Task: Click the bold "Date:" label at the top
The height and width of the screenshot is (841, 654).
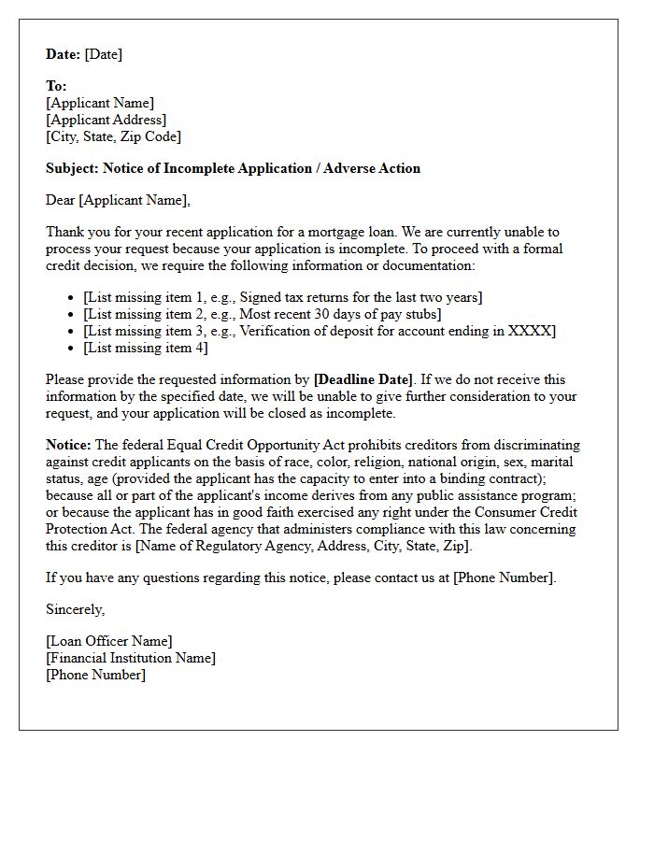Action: [64, 54]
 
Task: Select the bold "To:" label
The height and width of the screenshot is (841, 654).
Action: [56, 86]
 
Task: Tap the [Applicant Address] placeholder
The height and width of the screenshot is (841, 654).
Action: [106, 120]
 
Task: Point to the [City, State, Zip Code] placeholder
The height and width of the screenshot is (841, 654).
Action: [113, 136]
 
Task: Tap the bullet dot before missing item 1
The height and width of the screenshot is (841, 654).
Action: [72, 298]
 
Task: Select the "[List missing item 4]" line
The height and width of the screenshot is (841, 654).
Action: [145, 348]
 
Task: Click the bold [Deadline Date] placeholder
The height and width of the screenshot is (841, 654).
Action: [363, 379]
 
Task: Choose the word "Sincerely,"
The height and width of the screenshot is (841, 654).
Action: [76, 609]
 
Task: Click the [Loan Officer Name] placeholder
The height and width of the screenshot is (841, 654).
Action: [108, 641]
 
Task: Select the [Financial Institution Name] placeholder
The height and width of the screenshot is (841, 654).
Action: [131, 658]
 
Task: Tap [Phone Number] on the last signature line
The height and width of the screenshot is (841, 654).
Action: [95, 675]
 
